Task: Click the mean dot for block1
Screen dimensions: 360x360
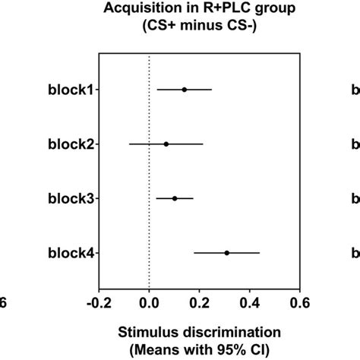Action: [x=184, y=90]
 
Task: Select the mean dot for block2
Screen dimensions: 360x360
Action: [x=166, y=144]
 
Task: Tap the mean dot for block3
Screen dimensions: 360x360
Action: [x=175, y=198]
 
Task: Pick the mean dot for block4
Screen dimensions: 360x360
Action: [x=226, y=252]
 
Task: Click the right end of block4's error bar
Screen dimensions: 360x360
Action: [x=260, y=252]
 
